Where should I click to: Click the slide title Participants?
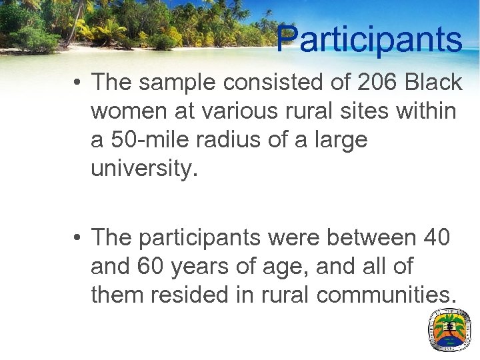point(369,39)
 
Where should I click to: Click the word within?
point(424,111)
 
